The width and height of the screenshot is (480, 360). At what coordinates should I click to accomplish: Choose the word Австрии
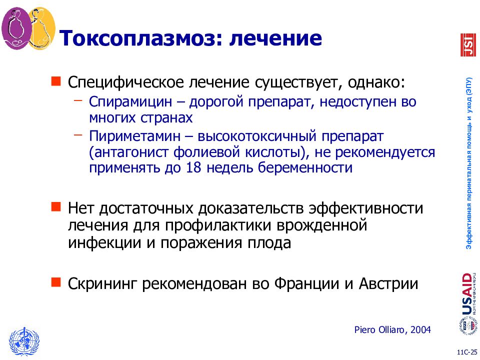387,283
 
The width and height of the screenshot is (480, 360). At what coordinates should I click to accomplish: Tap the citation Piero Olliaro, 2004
392,329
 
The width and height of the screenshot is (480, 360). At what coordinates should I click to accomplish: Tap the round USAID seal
466,325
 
